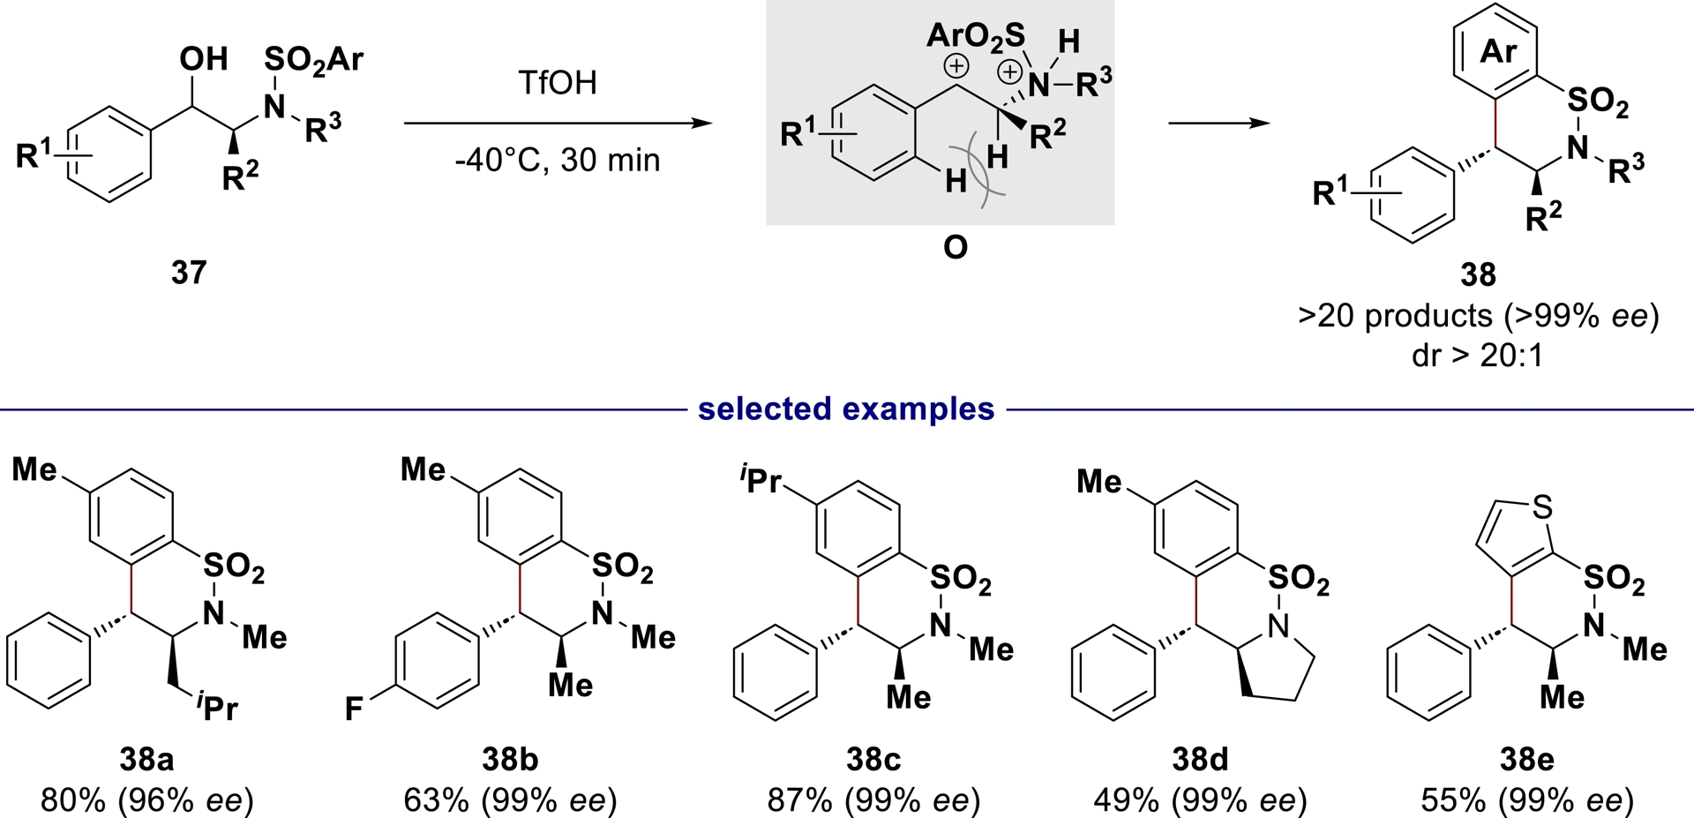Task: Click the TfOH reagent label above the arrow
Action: tap(557, 82)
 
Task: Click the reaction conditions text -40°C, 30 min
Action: tap(557, 160)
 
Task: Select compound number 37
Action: tap(189, 272)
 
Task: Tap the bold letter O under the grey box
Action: tap(955, 248)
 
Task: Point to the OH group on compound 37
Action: tap(204, 59)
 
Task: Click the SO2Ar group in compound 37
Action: tap(313, 59)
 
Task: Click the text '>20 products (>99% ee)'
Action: tap(1479, 315)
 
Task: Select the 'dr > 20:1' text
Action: tap(1479, 355)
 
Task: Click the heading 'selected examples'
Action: tap(846, 409)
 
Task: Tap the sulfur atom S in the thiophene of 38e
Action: tap(1542, 507)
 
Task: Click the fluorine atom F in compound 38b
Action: tap(354, 709)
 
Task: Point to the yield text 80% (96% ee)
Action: tap(147, 800)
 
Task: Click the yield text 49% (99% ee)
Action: tap(1200, 800)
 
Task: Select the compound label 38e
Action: tap(1526, 759)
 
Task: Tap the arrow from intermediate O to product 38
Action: tap(1219, 123)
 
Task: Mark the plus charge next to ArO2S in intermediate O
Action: tap(956, 66)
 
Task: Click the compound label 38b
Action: tap(510, 759)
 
